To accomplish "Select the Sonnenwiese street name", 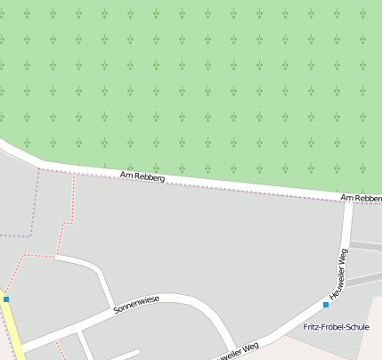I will tap(136, 305).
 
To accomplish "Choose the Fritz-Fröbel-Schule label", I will tap(336, 327).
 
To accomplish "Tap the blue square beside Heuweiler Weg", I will tap(326, 305).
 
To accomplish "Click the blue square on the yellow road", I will tap(6, 299).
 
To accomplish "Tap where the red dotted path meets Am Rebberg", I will tap(74, 173).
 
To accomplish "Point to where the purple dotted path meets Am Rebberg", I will tap(41, 168).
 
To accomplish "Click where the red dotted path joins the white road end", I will tap(55, 257).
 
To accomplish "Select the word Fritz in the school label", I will tap(312, 327).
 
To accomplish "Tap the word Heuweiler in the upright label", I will tap(335, 281).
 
